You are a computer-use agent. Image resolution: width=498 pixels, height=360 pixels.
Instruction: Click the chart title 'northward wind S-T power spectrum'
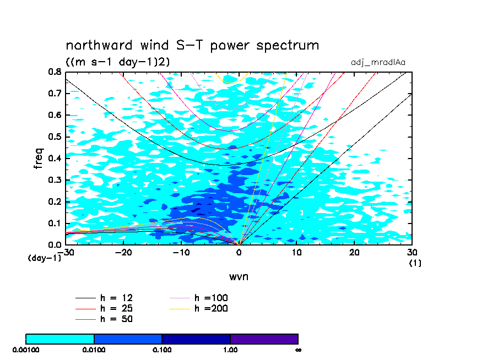(192, 45)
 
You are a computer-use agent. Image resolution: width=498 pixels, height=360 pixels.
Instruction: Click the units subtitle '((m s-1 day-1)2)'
(117, 62)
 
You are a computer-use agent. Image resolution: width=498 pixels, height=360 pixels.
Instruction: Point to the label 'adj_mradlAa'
(378, 62)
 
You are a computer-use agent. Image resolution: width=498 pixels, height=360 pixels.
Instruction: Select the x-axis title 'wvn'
(239, 276)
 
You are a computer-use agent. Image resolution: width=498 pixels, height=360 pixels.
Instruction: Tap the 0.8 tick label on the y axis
(54, 72)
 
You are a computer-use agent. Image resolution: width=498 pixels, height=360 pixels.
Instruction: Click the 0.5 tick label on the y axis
(54, 137)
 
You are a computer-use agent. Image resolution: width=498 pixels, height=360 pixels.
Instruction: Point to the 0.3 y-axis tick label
(54, 180)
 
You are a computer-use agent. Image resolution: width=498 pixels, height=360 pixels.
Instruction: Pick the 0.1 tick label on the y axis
(54, 223)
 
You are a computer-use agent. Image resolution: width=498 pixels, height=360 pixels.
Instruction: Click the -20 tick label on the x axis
(122, 252)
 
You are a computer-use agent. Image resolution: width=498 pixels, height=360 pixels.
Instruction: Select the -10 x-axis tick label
(180, 252)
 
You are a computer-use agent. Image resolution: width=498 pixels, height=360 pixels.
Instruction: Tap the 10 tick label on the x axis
(297, 252)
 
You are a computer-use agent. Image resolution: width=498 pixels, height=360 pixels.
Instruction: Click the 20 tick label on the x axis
(354, 252)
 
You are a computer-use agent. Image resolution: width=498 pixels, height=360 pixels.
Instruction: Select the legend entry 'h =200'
(211, 308)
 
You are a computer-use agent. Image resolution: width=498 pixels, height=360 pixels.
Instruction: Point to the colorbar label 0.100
(162, 350)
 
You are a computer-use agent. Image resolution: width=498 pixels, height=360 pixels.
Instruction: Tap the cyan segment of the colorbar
(60, 339)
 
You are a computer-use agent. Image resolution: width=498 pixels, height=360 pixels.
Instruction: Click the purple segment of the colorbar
(264, 339)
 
